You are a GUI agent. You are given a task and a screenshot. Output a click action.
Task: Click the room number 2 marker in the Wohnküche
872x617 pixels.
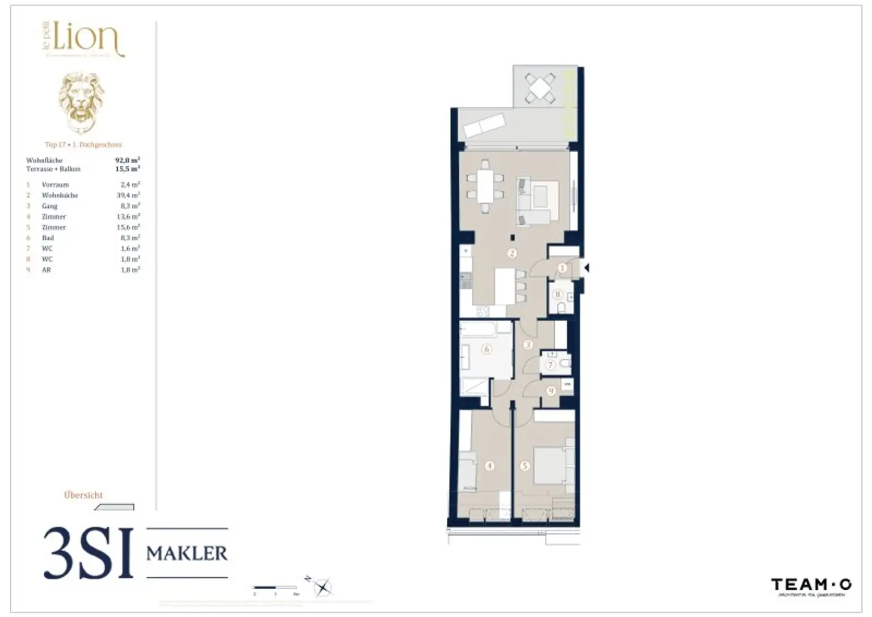click(512, 253)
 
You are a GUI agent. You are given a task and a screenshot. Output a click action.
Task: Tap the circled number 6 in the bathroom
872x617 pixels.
click(487, 349)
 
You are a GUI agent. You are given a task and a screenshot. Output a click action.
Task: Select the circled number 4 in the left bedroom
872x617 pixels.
click(489, 465)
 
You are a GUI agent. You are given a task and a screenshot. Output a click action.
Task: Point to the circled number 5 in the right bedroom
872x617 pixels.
click(525, 465)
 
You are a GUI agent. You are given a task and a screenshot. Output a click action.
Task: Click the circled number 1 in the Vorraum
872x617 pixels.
click(562, 268)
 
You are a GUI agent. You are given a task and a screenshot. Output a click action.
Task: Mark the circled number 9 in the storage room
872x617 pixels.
click(550, 391)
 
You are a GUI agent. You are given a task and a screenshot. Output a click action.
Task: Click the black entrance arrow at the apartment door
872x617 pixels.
click(586, 268)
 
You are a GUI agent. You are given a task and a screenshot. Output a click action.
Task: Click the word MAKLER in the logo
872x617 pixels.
click(187, 553)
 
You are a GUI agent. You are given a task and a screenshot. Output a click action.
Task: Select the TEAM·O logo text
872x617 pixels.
click(811, 584)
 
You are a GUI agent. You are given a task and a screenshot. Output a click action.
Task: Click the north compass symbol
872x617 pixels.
click(322, 586)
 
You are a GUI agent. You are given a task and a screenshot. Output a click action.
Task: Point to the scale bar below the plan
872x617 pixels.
click(275, 587)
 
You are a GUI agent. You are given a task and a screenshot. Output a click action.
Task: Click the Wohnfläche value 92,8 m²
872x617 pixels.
click(128, 161)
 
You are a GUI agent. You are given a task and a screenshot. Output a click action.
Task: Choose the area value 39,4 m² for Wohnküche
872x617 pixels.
click(128, 195)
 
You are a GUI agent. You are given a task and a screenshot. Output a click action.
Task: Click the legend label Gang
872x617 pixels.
click(49, 206)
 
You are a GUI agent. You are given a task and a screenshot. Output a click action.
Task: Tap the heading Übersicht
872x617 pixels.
click(83, 495)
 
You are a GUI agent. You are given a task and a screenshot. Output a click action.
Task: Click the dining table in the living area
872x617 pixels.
click(485, 186)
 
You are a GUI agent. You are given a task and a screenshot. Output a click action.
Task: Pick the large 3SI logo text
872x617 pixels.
click(89, 553)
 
